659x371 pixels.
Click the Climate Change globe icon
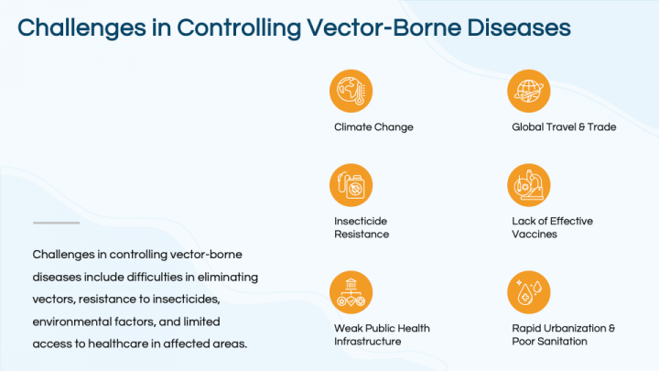coord(351,90)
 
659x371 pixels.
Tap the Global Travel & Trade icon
coord(528,90)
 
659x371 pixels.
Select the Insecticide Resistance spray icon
coord(351,185)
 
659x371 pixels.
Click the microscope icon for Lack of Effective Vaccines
coord(528,185)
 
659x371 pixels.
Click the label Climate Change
coord(373,127)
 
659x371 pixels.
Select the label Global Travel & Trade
coord(563,127)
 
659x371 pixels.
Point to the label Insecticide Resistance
coord(362,227)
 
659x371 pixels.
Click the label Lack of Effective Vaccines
coord(554,227)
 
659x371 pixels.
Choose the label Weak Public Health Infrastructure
coord(382,334)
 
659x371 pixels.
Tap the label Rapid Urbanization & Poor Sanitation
coord(562,334)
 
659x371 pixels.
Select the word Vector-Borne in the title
coord(389,27)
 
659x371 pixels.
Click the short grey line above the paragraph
coord(56,223)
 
